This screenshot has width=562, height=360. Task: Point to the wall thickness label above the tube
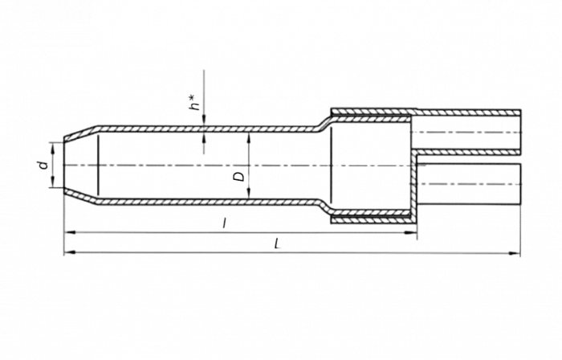tap(193, 103)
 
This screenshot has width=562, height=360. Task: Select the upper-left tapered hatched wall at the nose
tap(80, 132)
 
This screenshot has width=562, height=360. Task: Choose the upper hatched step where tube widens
tap(324, 121)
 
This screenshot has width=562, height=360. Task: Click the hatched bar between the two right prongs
tap(466, 150)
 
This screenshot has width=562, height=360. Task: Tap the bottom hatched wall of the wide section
tap(373, 218)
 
